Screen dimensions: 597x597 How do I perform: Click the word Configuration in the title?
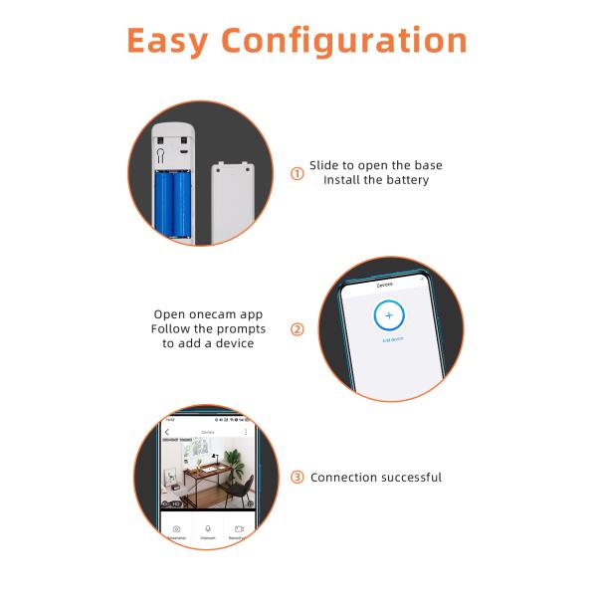click(x=344, y=42)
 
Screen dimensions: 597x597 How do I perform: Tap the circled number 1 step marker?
click(x=297, y=173)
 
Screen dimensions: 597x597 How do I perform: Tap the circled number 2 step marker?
click(x=297, y=329)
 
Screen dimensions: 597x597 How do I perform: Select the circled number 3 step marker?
click(x=297, y=477)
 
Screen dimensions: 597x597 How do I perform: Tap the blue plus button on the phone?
click(x=389, y=314)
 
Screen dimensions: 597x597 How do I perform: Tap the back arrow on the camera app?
click(x=167, y=432)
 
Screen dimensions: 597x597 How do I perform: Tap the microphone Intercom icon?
click(x=208, y=529)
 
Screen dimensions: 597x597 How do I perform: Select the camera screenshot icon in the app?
click(x=176, y=529)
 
